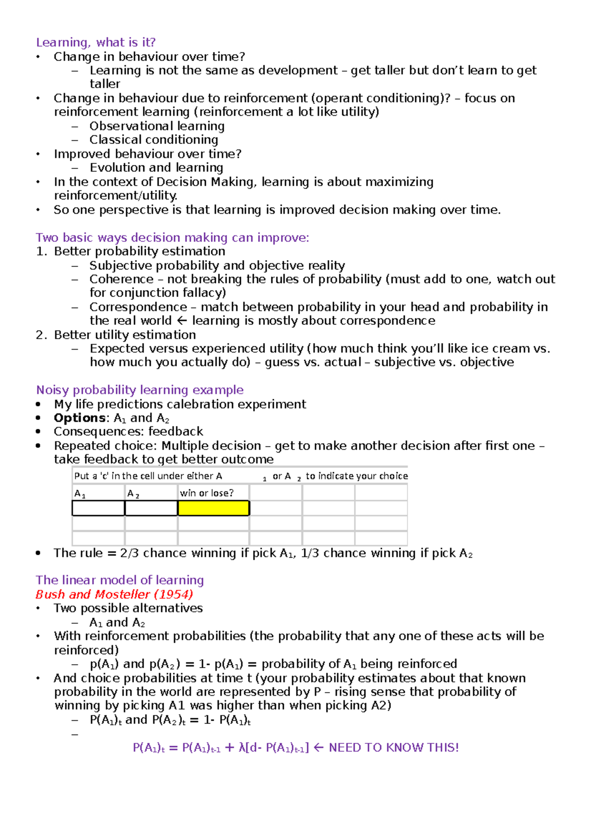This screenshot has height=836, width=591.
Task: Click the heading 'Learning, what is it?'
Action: pos(96,42)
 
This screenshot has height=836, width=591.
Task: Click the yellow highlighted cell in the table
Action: pos(213,508)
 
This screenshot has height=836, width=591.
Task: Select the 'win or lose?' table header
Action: pos(207,493)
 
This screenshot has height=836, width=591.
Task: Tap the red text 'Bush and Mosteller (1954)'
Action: pos(114,594)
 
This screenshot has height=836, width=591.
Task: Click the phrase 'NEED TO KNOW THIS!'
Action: pos(394,747)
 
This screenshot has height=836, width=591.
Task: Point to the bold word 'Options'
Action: pos(79,418)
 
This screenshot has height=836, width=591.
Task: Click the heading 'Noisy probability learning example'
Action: pos(140,390)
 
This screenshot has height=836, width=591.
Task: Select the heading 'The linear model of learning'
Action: pos(120,580)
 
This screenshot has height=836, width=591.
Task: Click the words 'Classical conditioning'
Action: pos(154,140)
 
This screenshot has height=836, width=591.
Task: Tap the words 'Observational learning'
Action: pos(157,126)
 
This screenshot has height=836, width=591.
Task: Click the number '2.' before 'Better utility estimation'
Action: pos(41,335)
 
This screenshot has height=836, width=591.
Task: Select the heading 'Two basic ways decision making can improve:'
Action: pos(172,237)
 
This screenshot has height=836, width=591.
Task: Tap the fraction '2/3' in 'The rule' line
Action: pos(130,553)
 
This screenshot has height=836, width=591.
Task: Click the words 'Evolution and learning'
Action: pos(156,167)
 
